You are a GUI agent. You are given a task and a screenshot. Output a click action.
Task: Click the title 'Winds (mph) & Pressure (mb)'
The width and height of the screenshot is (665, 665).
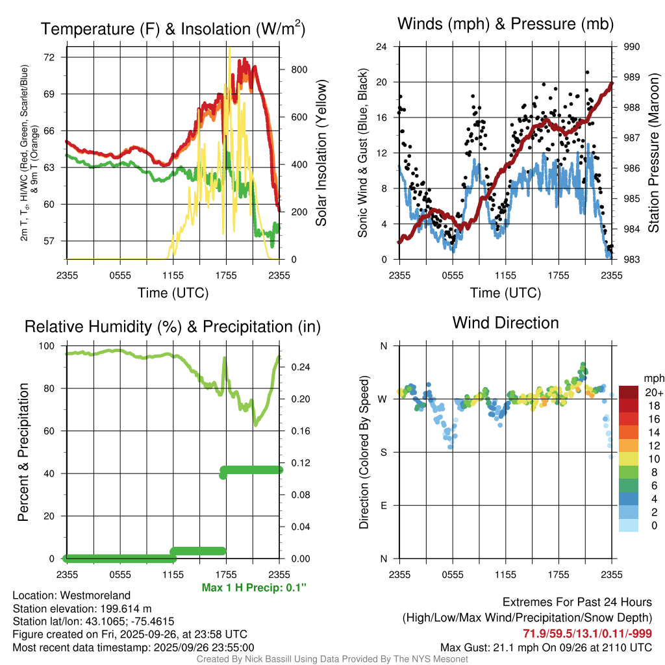[x=505, y=25]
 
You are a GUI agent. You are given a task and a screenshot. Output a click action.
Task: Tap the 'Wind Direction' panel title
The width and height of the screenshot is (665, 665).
[x=505, y=323]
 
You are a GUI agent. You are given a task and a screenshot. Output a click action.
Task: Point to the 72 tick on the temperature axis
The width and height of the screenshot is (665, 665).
[x=56, y=57]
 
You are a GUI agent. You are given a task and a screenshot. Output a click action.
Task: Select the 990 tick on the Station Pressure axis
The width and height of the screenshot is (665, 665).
[x=631, y=47]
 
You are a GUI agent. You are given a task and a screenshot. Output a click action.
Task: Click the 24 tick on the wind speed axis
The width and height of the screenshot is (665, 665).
[x=382, y=47]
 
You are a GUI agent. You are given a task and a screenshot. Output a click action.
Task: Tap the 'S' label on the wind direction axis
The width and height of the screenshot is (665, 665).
[x=384, y=452]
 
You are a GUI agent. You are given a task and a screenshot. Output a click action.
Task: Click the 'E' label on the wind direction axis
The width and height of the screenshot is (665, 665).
[x=384, y=505]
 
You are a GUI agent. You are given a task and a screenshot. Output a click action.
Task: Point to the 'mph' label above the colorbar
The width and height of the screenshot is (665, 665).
[x=653, y=378]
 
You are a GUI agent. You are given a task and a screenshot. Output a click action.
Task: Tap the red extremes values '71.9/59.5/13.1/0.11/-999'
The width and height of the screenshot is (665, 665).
[x=588, y=633]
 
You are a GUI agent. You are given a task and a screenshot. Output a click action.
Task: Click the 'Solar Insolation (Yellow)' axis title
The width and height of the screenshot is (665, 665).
[x=321, y=153]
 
